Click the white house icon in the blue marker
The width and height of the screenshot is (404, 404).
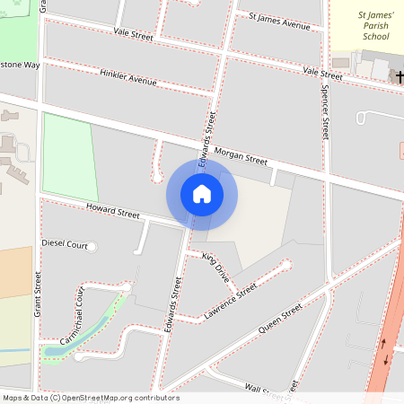click(x=202, y=194)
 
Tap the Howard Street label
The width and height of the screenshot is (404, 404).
click(x=113, y=212)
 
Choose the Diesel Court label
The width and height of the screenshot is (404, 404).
click(x=65, y=244)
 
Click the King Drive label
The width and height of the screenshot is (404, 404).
click(x=216, y=268)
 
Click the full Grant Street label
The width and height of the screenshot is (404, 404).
click(x=39, y=293)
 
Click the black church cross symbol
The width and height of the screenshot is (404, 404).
click(x=398, y=77)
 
